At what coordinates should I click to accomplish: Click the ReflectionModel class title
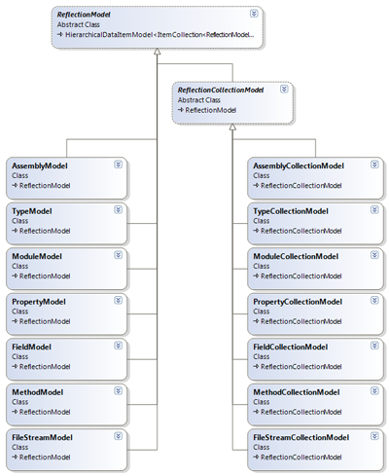coord(84,15)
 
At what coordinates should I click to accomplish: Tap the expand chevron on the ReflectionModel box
coord(254,14)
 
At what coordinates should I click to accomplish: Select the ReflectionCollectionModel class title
coord(221,90)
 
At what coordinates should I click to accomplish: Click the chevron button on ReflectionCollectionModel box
coord(284,89)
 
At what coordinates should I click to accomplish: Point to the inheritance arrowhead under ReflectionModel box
coord(158,52)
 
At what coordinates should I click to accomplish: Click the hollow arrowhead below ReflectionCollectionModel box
coord(232,127)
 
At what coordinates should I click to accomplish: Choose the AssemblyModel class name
coord(40,165)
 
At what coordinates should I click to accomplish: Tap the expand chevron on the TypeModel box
coord(119,209)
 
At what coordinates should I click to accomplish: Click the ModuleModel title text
coord(37,256)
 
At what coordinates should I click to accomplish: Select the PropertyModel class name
coord(39,302)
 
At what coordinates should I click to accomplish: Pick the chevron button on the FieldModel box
coord(119,346)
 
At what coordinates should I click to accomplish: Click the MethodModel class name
coord(37,392)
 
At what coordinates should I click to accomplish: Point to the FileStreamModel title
coord(42,437)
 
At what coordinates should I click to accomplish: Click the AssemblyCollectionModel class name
coord(299,165)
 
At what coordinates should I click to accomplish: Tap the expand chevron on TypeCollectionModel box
coord(374,209)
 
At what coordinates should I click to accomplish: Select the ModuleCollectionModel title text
coord(296,256)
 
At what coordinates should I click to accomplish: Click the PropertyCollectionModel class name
coord(298,302)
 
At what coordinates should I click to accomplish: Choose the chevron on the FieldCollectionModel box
coord(374,346)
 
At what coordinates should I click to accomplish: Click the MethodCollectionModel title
coord(297,392)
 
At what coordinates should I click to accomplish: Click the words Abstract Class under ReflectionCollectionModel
coord(199,100)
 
